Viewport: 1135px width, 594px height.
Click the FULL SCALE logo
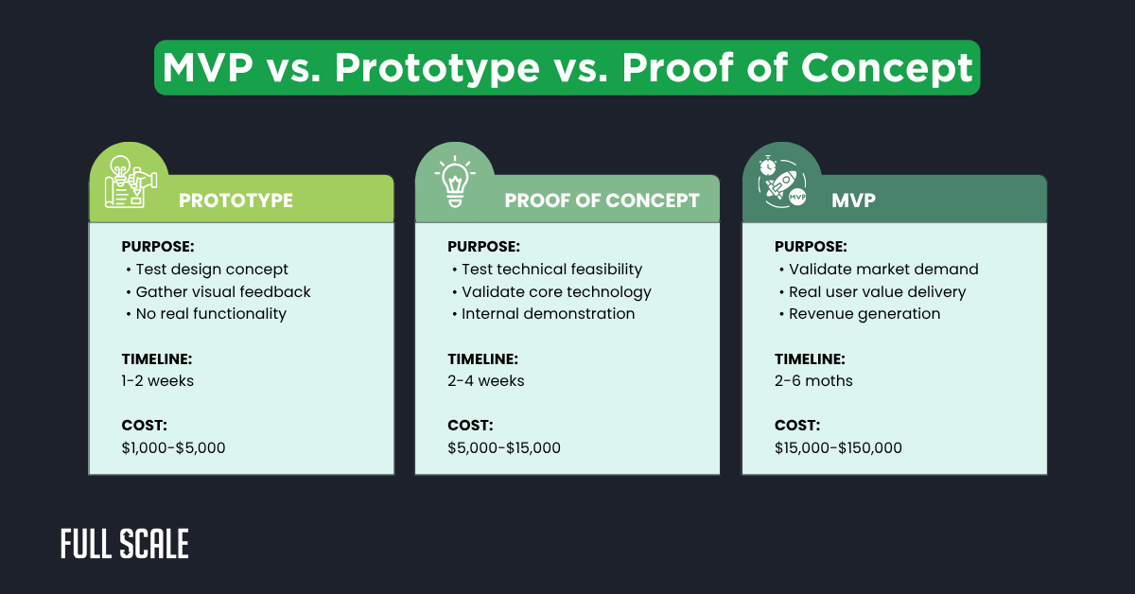[x=124, y=544]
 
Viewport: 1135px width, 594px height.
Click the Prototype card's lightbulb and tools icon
[x=129, y=179]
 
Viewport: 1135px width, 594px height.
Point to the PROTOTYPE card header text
[x=236, y=201]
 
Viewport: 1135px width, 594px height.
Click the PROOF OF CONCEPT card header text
[x=602, y=201]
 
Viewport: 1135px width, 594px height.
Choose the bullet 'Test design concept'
[x=212, y=270]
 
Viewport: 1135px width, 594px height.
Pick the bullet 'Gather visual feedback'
[x=223, y=291]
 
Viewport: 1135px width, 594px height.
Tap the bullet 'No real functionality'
[x=211, y=314]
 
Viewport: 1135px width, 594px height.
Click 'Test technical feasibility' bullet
[x=551, y=270]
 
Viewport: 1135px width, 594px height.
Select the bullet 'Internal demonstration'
[x=548, y=314]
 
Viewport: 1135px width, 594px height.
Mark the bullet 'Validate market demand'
[x=883, y=270]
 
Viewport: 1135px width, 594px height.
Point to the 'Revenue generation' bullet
[x=864, y=314]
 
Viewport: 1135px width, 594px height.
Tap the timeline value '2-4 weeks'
[x=486, y=381]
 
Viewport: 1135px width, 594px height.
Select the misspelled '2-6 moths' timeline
[x=813, y=381]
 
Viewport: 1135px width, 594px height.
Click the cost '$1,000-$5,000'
[x=174, y=447]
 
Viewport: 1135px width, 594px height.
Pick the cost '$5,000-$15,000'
[x=504, y=447]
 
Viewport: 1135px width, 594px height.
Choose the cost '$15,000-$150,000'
[x=838, y=447]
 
